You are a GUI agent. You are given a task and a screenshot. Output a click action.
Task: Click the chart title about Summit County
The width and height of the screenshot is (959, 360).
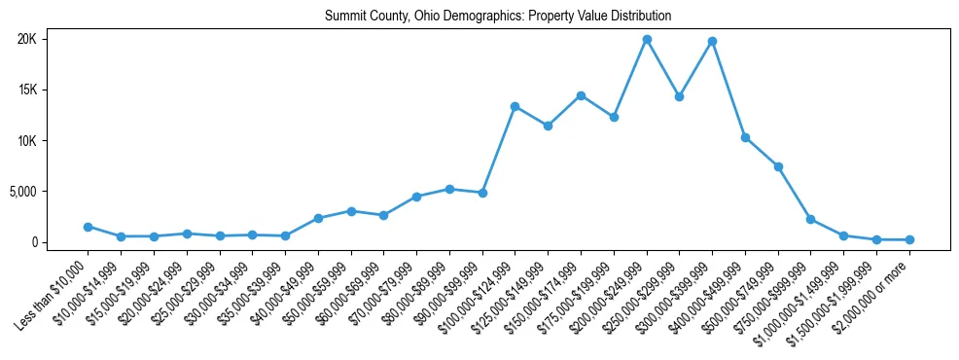click(x=498, y=17)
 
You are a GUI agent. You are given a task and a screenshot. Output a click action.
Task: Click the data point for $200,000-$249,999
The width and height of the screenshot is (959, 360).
click(x=647, y=39)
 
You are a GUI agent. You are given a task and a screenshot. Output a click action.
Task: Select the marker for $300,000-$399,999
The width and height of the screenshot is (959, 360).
click(x=713, y=41)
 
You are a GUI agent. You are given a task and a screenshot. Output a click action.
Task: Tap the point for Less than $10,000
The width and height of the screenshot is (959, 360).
click(x=88, y=227)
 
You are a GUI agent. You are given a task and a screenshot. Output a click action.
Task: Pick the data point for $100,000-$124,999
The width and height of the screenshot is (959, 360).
click(x=515, y=106)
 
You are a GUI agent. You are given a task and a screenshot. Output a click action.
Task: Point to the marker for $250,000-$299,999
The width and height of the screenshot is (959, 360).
click(x=680, y=96)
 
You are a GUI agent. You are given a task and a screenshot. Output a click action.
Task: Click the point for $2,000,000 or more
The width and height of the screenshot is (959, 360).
click(x=909, y=239)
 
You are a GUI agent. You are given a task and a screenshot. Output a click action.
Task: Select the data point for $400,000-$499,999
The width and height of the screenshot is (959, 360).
click(x=745, y=137)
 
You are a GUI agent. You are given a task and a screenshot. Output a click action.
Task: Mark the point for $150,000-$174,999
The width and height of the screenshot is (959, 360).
click(x=581, y=95)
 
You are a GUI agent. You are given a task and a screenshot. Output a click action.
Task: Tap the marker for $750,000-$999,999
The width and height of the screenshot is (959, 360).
click(x=811, y=219)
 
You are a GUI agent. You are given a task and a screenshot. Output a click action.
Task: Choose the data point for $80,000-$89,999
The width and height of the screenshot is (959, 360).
click(x=449, y=189)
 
